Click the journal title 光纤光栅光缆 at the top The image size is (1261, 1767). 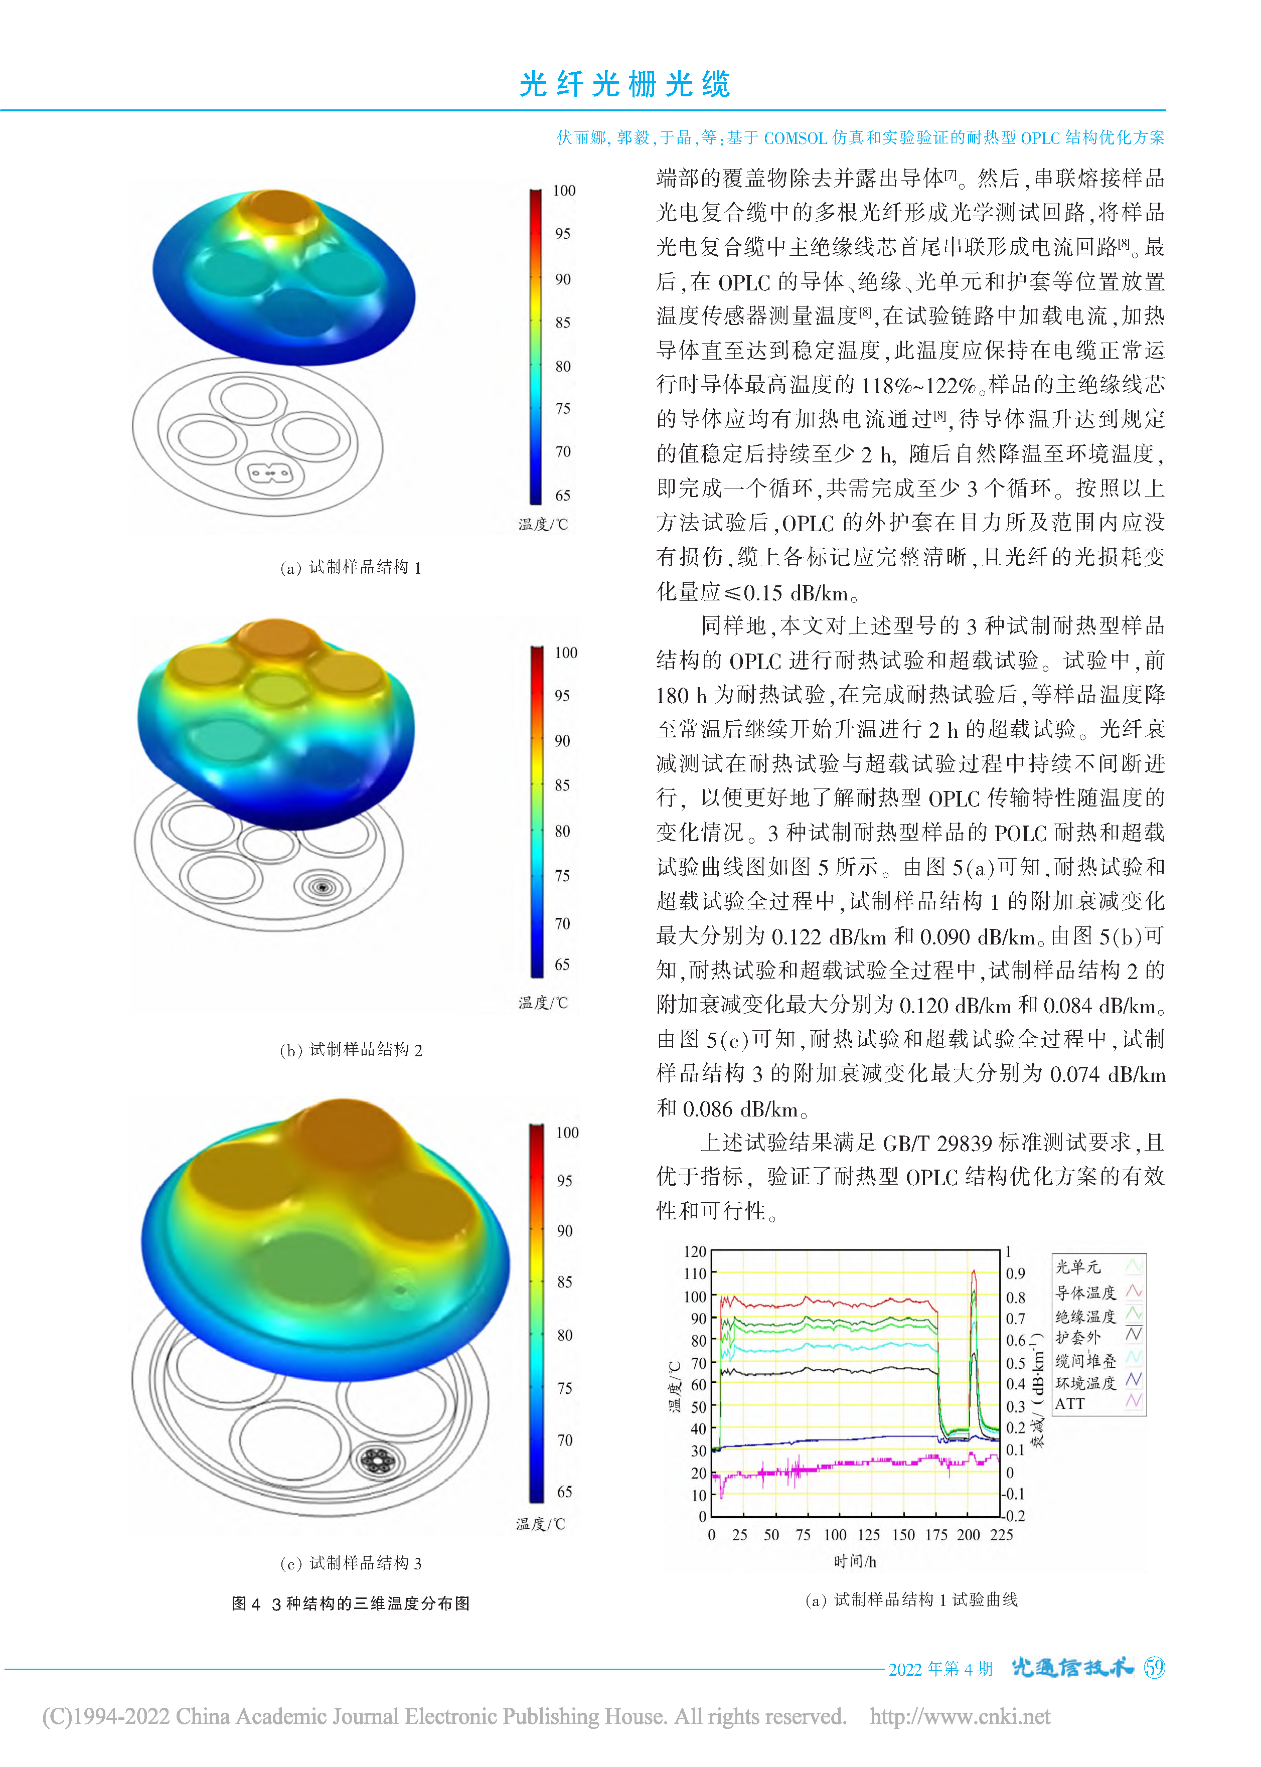625,84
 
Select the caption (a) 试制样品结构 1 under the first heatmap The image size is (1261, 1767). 351,568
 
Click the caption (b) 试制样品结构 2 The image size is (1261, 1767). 351,1050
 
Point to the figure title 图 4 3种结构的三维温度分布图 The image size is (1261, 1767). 351,1603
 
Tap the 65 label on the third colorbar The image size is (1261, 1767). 564,1491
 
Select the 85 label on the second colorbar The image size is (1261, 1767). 562,785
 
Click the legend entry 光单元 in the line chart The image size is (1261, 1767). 1078,1267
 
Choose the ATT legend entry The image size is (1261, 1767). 1070,1404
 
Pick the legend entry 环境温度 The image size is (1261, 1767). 1085,1383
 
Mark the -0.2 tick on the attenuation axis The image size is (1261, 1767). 1014,1516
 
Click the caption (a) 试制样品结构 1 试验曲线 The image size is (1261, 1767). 911,1599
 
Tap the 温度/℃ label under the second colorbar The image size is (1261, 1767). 544,1003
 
